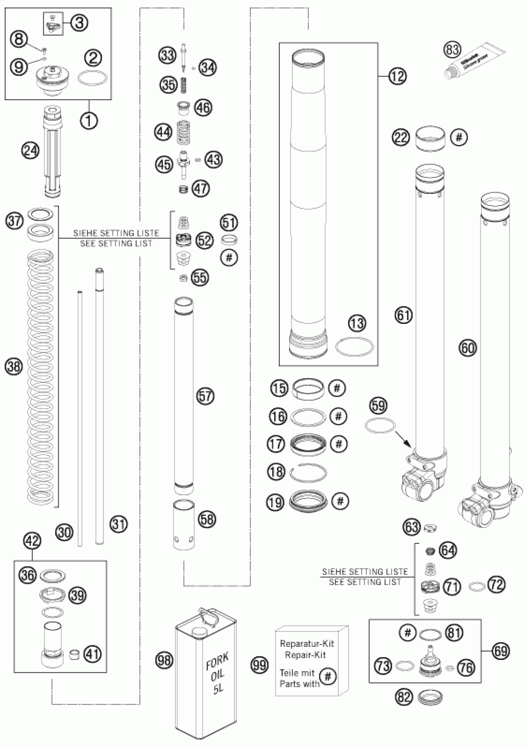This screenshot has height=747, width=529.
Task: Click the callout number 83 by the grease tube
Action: (x=452, y=50)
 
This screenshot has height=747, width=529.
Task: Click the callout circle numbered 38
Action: (x=14, y=367)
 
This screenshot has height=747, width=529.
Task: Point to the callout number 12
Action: (x=397, y=76)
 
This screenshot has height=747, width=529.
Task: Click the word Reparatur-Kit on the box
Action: (x=307, y=643)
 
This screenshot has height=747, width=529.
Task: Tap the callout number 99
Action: (x=260, y=665)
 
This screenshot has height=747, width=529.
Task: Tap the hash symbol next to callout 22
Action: (x=459, y=138)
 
